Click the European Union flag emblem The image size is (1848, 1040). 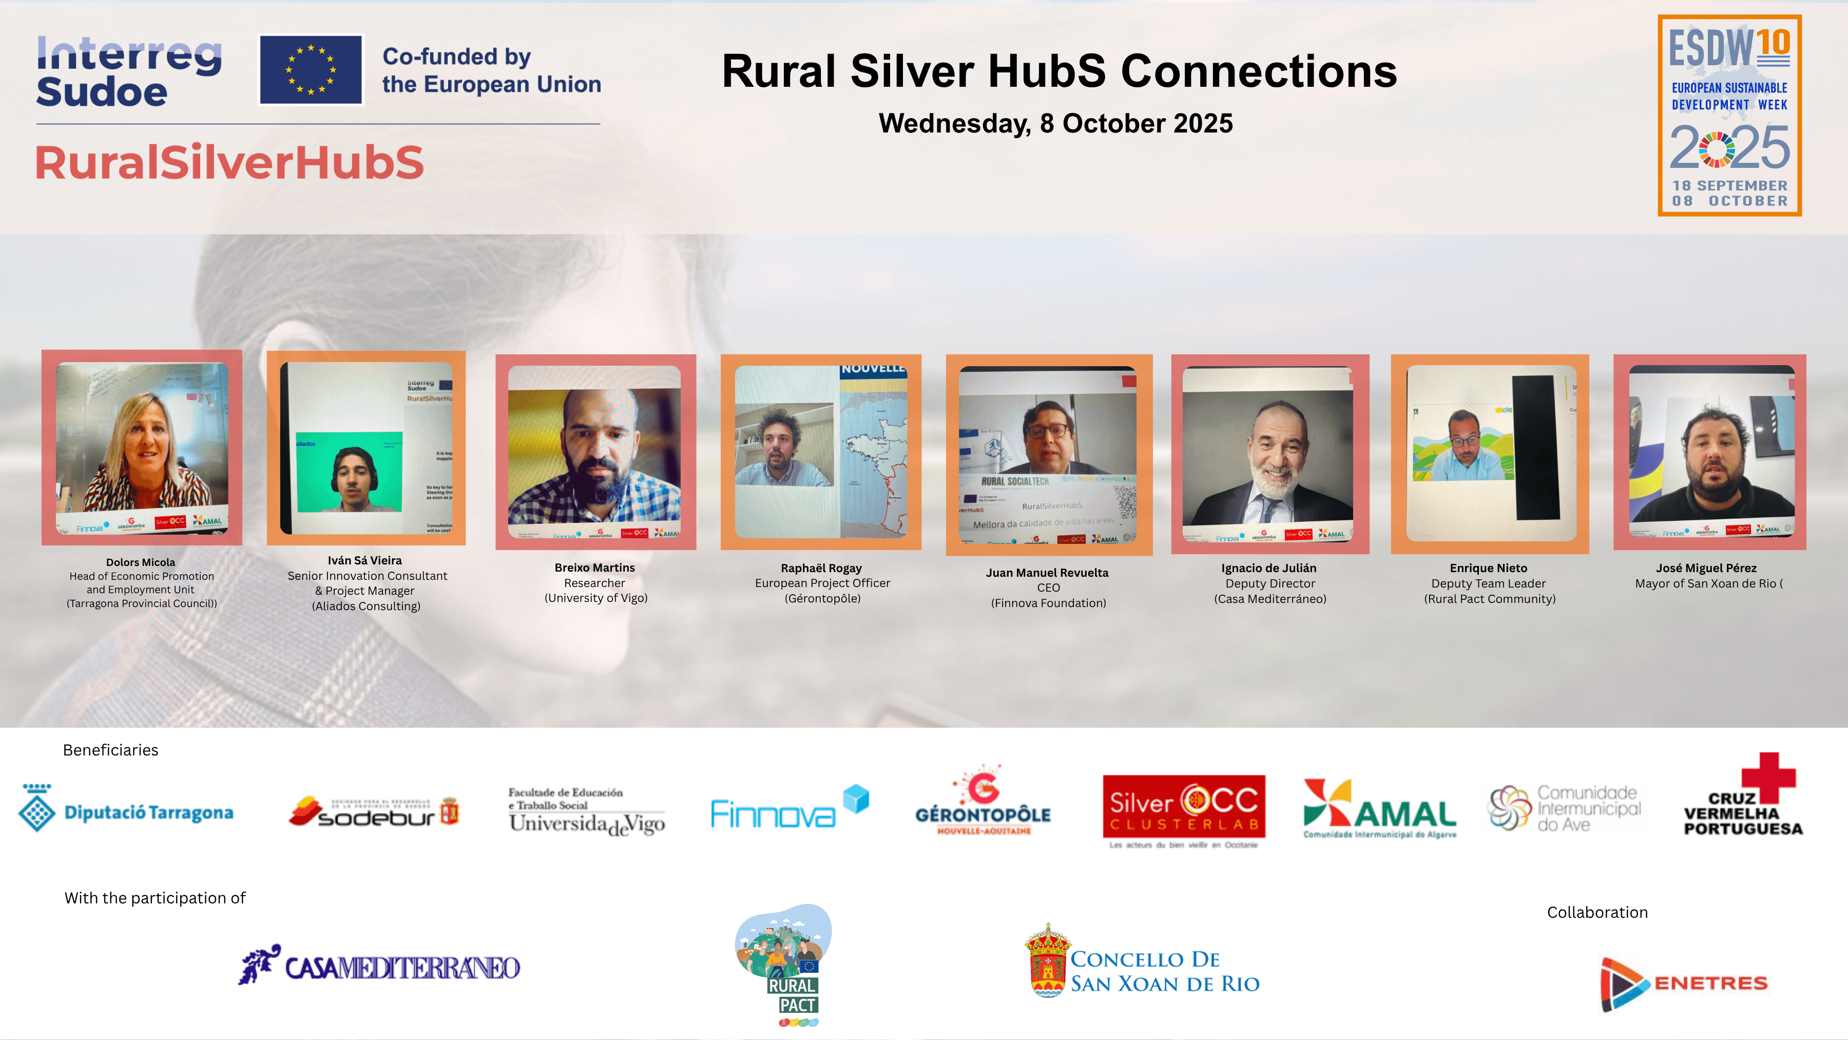311,70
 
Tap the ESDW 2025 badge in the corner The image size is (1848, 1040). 1729,116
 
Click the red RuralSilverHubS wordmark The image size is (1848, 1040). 229,162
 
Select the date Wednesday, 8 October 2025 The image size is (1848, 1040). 1055,123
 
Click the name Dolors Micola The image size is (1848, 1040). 141,562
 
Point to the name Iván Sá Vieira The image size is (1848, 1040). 364,560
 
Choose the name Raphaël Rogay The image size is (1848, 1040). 821,568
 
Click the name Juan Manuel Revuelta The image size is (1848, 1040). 1047,572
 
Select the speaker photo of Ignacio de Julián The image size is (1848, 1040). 1269,453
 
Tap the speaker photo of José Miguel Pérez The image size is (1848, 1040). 1709,452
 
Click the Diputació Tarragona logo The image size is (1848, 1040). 126,809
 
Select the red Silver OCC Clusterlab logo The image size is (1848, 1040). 1184,807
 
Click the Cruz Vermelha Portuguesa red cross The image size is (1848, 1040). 1768,777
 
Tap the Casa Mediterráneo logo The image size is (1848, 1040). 379,966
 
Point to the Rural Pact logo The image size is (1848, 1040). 785,964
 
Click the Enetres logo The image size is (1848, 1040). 1683,982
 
